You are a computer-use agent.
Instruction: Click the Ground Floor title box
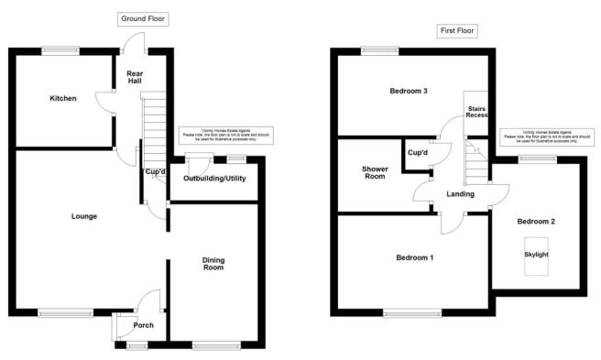click(143, 18)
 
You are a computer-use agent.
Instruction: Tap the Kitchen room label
click(62, 98)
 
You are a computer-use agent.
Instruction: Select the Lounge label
click(84, 216)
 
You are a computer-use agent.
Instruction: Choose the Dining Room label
click(213, 264)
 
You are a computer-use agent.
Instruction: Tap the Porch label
click(143, 325)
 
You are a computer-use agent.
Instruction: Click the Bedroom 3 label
click(409, 91)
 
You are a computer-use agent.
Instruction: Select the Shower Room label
click(375, 172)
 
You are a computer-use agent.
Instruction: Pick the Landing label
click(460, 194)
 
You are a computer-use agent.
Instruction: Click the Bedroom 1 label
click(414, 257)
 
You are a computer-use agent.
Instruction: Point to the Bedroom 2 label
click(536, 222)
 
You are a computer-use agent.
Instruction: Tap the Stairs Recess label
click(475, 111)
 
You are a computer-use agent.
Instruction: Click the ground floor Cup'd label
click(154, 171)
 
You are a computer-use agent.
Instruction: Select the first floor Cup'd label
click(418, 151)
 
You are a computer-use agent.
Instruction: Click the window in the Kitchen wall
click(60, 49)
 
